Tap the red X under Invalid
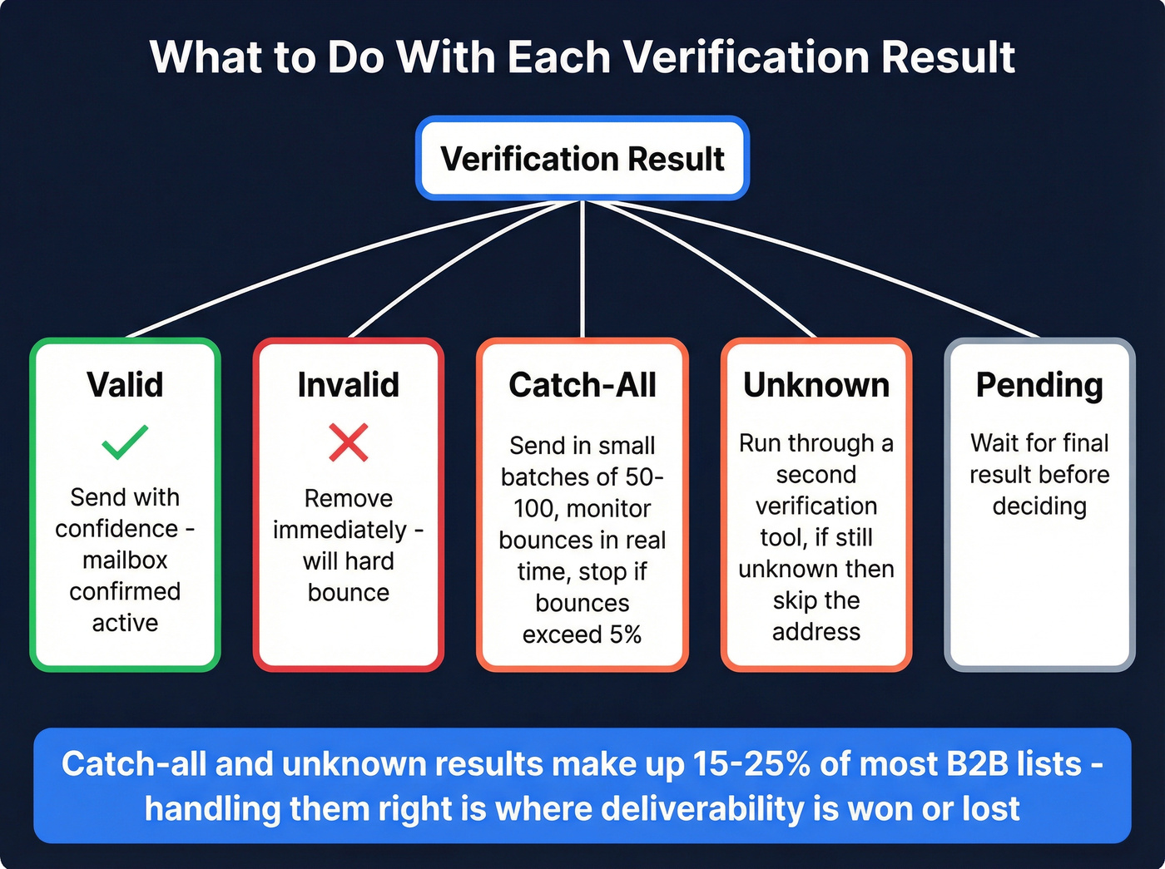coord(348,442)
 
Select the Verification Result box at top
coord(582,158)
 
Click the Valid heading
coord(125,385)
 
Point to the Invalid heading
coord(348,385)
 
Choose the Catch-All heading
coord(582,385)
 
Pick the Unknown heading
coord(815,385)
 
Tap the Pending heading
coord(1039,385)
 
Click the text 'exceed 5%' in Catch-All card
coord(582,634)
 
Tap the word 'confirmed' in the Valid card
coord(125,591)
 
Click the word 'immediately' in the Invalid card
coord(340,530)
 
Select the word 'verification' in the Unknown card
coord(815,506)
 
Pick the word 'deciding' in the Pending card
coord(1039,506)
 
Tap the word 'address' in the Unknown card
coord(815,632)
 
